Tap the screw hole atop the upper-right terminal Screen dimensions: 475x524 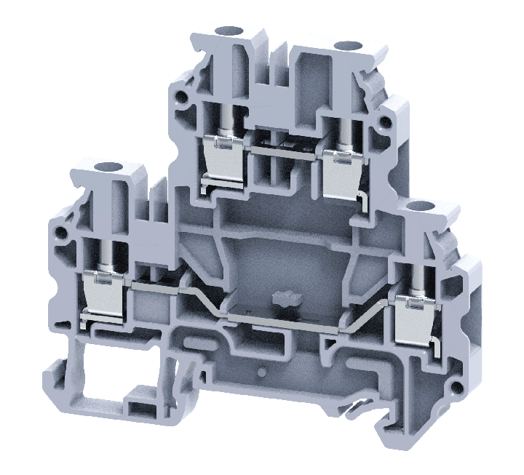tap(341, 47)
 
